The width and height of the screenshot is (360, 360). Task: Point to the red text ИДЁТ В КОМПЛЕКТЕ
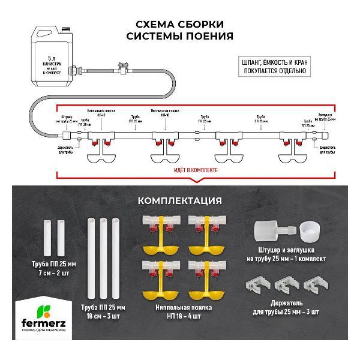(x=196, y=170)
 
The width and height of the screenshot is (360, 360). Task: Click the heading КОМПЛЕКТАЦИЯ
(x=180, y=200)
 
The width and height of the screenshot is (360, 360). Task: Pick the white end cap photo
(x=309, y=230)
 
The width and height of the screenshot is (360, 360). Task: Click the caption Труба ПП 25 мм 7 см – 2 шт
(x=53, y=268)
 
